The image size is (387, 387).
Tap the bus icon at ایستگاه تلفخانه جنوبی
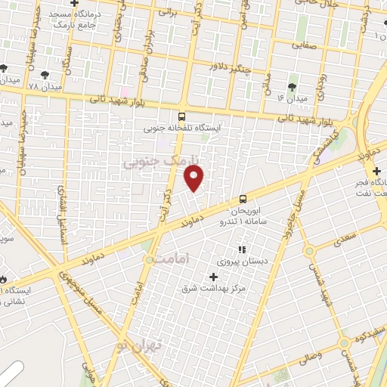coord(181,116)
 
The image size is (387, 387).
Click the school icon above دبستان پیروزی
coord(242,249)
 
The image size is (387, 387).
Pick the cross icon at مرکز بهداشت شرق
coord(214,277)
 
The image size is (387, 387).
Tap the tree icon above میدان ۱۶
coord(293,85)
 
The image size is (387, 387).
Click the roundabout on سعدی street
coord(308,251)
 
